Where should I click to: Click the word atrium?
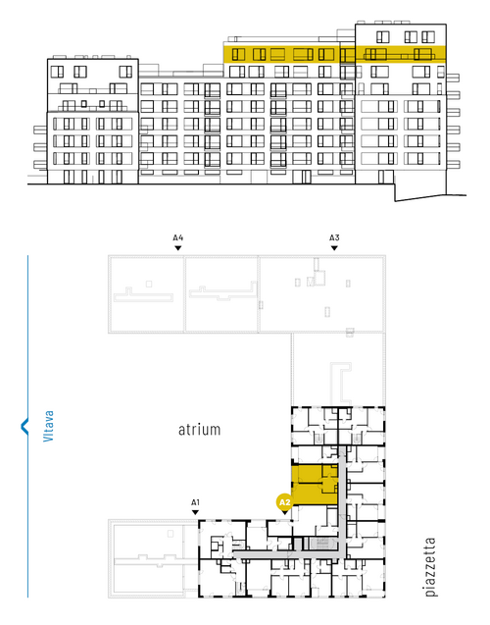[199, 430]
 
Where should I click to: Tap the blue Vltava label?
[48, 426]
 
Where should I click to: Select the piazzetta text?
[430, 567]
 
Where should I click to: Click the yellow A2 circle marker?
[284, 501]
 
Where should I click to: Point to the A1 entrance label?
[195, 502]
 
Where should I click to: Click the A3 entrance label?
[334, 237]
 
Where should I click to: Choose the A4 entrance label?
[178, 237]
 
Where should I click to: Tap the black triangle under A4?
[178, 248]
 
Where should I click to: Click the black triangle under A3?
[334, 248]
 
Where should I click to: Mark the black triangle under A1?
[195, 512]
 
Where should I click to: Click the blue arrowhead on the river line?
[24, 426]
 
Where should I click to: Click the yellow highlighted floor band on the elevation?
[334, 54]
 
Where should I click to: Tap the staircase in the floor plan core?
[320, 543]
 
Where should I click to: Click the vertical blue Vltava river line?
[27, 426]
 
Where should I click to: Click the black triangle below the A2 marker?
[284, 512]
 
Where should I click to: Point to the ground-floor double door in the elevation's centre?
[303, 177]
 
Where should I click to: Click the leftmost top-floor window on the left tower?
[57, 72]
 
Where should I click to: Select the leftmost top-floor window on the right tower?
[382, 37]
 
